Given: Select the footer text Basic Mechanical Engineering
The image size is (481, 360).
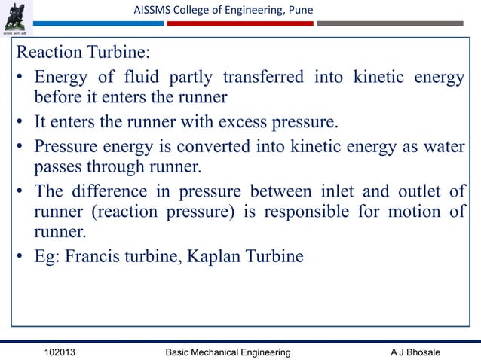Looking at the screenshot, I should pos(227,352).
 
